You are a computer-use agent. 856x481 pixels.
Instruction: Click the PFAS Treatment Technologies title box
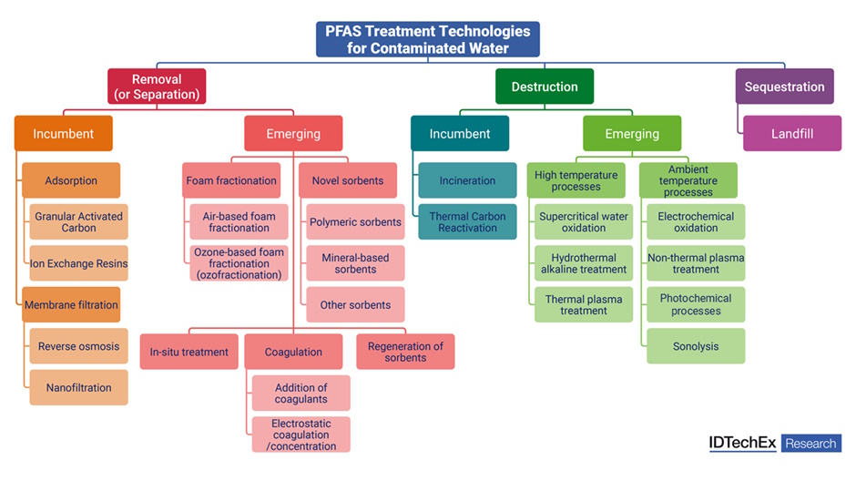click(x=428, y=39)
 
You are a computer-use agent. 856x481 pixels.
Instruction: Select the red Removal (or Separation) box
click(x=157, y=87)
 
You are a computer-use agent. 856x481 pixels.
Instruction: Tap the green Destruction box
click(x=545, y=87)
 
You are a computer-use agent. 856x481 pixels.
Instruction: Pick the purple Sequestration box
click(x=784, y=87)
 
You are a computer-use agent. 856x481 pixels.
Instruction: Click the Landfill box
click(x=791, y=133)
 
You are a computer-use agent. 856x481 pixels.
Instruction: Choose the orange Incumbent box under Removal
click(x=64, y=133)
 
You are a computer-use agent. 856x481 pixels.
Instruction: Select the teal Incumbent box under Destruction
click(x=460, y=133)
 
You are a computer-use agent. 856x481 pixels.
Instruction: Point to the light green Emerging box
click(x=632, y=133)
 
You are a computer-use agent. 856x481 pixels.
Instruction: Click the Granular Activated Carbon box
click(x=79, y=222)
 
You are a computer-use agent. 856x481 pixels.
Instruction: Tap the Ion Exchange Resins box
click(x=79, y=263)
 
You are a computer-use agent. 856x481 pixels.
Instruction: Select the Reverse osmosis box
click(x=79, y=346)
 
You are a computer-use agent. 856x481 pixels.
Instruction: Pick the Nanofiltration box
click(x=79, y=387)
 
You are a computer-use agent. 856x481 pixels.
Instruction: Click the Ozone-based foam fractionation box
click(x=239, y=263)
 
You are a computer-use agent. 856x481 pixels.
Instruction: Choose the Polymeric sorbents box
click(x=355, y=222)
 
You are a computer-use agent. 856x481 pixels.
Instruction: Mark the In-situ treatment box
click(x=189, y=352)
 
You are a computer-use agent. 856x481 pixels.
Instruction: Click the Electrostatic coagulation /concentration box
click(x=301, y=435)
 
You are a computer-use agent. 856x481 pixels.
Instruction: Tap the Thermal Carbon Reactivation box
click(x=467, y=222)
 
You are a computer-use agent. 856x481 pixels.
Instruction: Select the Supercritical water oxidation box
click(x=584, y=222)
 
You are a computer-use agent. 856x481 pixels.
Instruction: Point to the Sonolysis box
click(x=696, y=346)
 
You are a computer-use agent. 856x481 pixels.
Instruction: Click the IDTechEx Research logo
click(x=775, y=444)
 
